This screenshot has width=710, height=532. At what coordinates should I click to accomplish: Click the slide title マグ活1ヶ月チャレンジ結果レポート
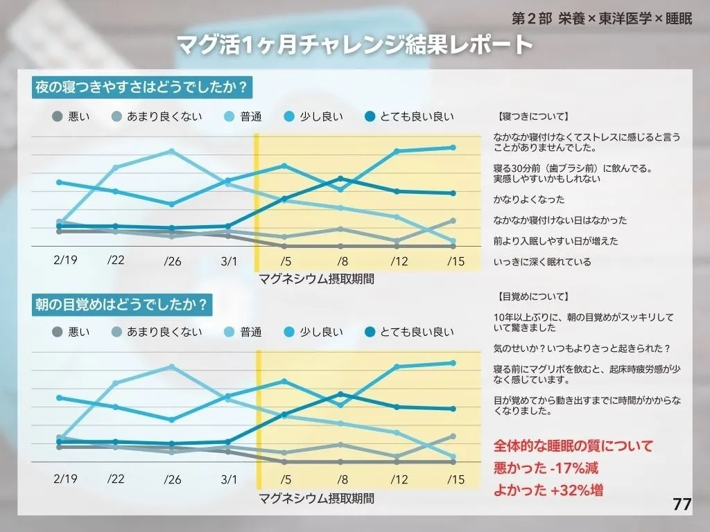[x=354, y=45]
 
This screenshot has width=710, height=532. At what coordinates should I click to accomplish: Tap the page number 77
[x=682, y=504]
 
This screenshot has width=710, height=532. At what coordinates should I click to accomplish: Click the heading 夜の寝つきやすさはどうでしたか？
[x=141, y=88]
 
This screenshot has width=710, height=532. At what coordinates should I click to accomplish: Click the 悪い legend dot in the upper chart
[x=58, y=116]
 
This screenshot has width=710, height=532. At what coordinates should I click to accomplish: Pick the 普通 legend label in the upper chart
[x=251, y=116]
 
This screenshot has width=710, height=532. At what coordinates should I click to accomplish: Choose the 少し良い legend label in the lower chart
[x=321, y=332]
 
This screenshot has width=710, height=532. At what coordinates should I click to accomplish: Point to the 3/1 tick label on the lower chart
[x=228, y=479]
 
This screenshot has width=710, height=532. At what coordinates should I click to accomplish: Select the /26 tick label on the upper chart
[x=172, y=261]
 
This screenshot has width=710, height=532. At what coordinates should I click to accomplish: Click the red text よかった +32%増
[x=548, y=490]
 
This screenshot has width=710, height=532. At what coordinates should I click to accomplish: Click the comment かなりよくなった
[x=529, y=199]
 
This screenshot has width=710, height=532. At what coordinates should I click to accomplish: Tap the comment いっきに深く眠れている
[x=542, y=262]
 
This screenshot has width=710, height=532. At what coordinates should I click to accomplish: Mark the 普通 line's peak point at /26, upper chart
[x=172, y=151]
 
